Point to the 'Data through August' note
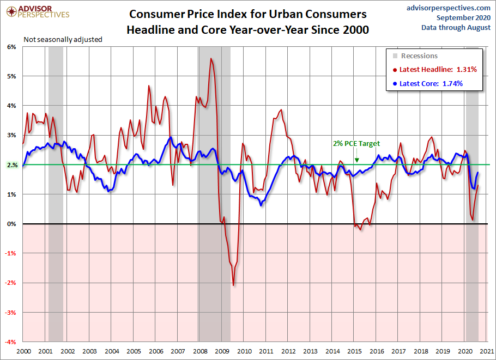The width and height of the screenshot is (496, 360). pos(456,27)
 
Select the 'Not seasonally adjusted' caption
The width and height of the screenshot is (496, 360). pos(63,40)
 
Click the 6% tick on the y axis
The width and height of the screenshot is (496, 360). pos(13,47)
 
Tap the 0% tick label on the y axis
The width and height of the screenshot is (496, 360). pos(13,224)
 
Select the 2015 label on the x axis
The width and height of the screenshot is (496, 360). pos(355,351)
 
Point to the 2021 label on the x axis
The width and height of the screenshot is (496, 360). pos(487,351)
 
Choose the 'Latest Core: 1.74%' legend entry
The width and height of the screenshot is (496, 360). pos(431,83)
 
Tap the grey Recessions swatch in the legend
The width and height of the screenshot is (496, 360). pos(395,56)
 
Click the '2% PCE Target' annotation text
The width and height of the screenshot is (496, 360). pos(356,144)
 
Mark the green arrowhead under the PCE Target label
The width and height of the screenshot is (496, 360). pos(356,160)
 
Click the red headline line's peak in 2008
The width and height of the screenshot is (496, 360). pos(211,58)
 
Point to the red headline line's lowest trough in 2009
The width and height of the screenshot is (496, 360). pos(233,285)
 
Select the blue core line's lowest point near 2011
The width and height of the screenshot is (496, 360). pos(261,205)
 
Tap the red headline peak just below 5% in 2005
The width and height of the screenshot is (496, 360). pos(149,86)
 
